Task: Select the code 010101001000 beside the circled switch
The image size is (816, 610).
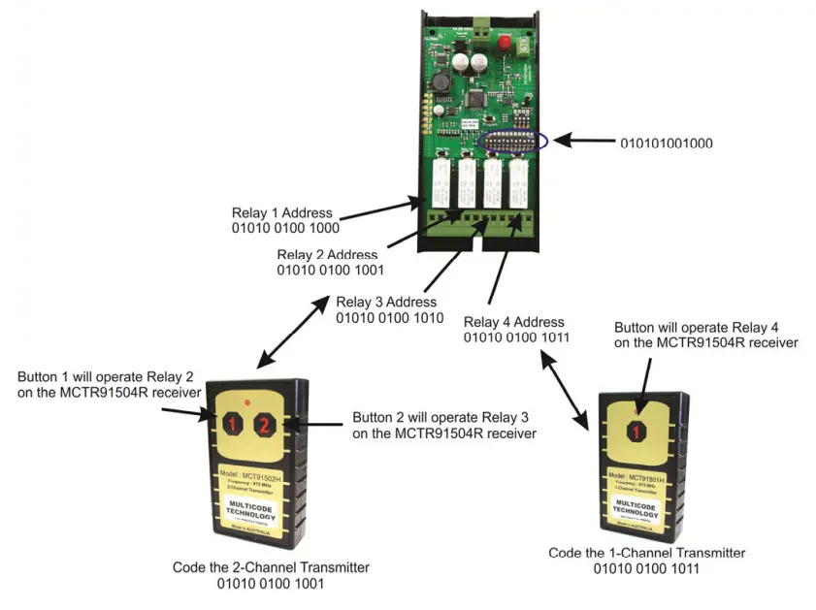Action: pos(667,143)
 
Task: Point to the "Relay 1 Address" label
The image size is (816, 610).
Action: pos(281,212)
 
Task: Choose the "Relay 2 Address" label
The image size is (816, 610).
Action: pos(327,255)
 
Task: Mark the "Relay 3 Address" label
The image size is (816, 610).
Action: pos(386,302)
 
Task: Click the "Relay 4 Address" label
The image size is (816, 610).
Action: pos(513,322)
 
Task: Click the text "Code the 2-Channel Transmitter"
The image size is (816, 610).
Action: pos(271,567)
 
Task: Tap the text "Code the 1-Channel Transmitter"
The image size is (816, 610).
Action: pos(647,553)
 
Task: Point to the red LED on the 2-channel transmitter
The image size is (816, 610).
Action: pos(248,401)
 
